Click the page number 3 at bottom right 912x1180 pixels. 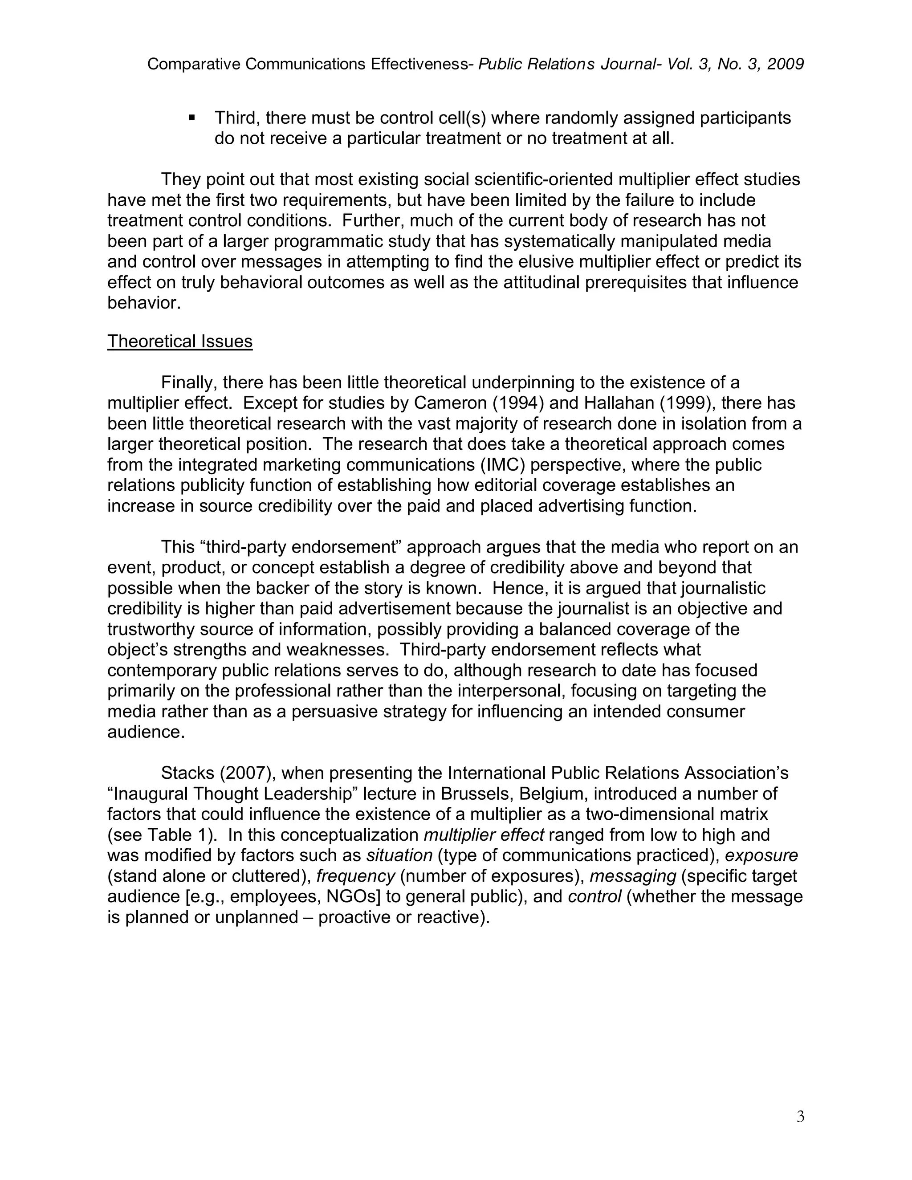tap(800, 1117)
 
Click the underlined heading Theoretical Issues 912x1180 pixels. tap(180, 342)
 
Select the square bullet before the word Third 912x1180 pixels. tap(192, 117)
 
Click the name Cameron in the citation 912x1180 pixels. tap(446, 403)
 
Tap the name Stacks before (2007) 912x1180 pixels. tap(187, 773)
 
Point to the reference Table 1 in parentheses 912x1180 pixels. tap(170, 835)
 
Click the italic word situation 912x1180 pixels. tap(399, 855)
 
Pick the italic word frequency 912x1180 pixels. tap(355, 876)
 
